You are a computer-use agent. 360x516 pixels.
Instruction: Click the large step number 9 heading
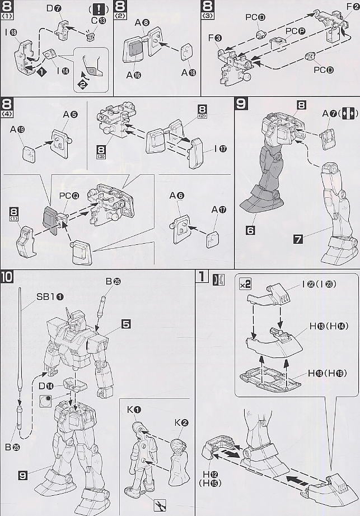click(240, 104)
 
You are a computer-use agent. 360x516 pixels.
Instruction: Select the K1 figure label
click(133, 412)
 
